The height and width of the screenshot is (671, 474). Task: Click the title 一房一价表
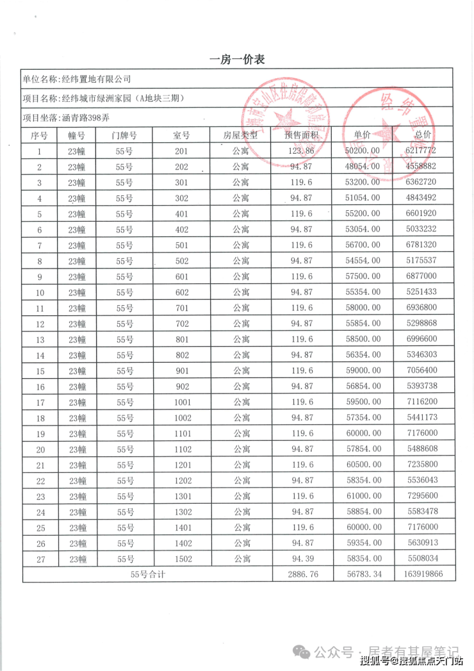pos(237,60)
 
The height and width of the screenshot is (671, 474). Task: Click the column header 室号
pos(182,135)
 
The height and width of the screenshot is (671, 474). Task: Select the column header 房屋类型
pos(240,135)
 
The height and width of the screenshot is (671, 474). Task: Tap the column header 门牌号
pos(124,135)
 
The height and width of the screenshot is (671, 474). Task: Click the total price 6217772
pos(421,151)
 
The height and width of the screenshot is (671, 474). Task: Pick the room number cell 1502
pos(183,559)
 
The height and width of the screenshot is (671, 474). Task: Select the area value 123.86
pos(301,151)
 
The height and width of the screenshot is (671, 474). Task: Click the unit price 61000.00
pos(363,496)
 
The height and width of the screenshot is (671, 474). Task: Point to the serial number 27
pos(40,559)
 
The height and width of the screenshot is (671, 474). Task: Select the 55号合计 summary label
pos(147,574)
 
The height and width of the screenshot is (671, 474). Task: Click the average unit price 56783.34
pos(363,574)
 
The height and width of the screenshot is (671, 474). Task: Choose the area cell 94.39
pos(301,559)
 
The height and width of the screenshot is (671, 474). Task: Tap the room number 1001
pos(183,402)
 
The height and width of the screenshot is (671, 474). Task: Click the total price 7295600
pos(421,496)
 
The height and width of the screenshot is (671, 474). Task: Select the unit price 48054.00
pos(363,167)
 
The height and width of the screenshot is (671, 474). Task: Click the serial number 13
pos(40,340)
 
